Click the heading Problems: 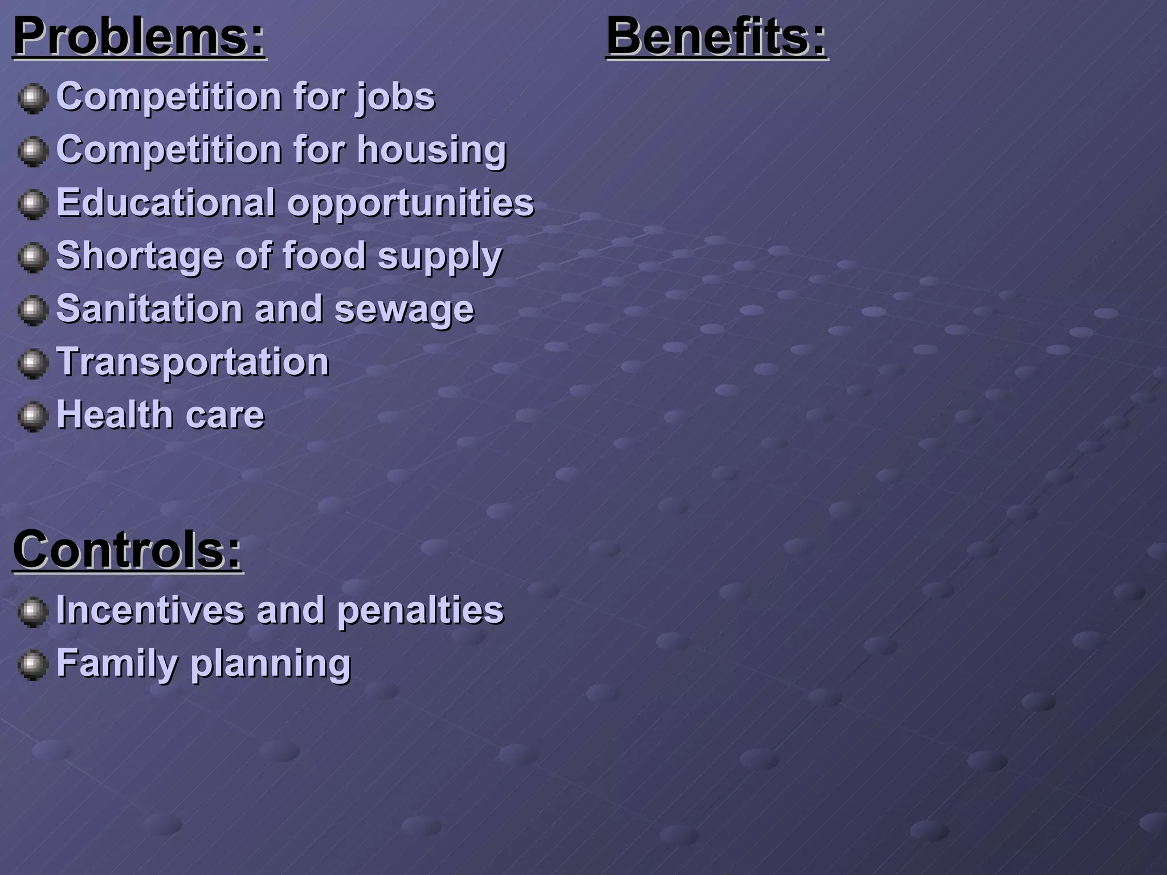[140, 37]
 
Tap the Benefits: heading [716, 37]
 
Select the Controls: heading [128, 550]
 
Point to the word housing [432, 150]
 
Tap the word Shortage [140, 256]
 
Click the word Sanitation [150, 309]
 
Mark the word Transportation [193, 362]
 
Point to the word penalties [421, 611]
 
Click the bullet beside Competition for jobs [32, 99]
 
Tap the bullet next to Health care [32, 416]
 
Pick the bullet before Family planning [32, 665]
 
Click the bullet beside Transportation [32, 363]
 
